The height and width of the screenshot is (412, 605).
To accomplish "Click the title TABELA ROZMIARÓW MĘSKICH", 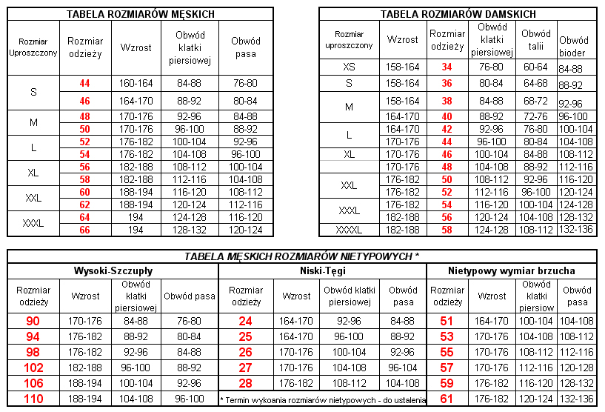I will (141, 14).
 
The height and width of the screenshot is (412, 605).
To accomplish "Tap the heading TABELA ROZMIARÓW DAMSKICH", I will (458, 14).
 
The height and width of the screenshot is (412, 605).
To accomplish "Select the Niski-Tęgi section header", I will (323, 271).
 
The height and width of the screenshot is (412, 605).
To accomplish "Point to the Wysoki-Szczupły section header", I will (113, 271).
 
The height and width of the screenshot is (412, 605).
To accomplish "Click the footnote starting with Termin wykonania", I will (323, 400).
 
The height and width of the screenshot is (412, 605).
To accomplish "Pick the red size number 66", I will (84, 230).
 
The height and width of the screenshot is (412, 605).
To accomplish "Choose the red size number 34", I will (447, 67).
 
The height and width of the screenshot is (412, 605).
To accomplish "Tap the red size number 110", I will (33, 399).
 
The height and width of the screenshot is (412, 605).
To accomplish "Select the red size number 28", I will (245, 383).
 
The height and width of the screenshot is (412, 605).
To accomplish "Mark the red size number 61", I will (447, 399).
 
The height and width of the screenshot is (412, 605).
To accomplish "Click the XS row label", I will (349, 67).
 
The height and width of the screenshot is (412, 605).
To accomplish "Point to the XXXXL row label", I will (349, 230).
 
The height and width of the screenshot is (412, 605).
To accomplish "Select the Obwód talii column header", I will (536, 39).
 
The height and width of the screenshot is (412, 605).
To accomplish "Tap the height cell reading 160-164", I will (136, 83).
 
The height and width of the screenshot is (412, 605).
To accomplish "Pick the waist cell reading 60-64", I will (536, 67).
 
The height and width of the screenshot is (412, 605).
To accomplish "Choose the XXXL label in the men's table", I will (33, 223).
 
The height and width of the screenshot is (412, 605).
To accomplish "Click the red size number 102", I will (33, 368).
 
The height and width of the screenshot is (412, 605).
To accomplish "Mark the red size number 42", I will (447, 129).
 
